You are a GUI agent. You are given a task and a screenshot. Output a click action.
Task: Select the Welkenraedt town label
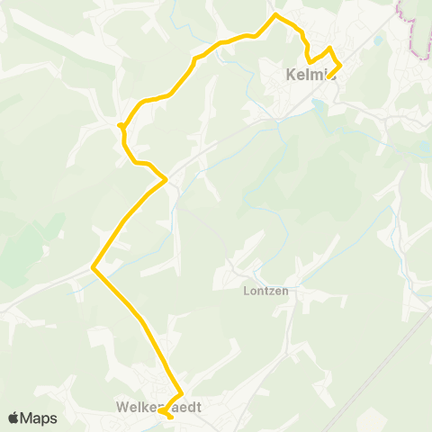(x=158, y=407)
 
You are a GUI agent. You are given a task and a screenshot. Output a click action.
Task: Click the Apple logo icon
(x=13, y=418)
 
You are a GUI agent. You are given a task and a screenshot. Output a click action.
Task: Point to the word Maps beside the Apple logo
(x=39, y=418)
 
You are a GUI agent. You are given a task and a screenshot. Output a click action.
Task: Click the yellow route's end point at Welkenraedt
(x=171, y=418)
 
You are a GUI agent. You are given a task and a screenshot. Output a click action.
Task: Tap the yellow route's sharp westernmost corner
(x=94, y=266)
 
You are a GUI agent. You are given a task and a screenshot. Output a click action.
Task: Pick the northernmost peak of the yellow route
(x=275, y=15)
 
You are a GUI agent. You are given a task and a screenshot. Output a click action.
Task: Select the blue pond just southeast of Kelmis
(x=317, y=104)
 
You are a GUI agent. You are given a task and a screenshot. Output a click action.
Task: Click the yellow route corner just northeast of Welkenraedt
(x=182, y=393)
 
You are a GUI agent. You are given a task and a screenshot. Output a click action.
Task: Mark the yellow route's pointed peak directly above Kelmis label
(x=330, y=48)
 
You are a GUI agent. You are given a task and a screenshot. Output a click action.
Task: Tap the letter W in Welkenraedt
(x=121, y=408)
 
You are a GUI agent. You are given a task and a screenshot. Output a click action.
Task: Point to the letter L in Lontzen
(x=246, y=291)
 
